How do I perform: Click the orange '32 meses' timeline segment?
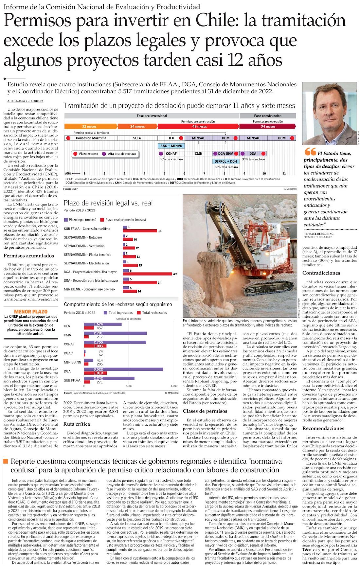click(89, 126)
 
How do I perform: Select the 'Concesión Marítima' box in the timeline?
click(91, 138)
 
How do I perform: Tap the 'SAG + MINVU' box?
click(171, 146)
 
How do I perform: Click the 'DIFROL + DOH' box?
click(225, 161)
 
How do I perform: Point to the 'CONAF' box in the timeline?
click(171, 153)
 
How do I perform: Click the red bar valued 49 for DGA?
click(148, 274)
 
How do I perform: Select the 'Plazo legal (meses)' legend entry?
click(80, 220)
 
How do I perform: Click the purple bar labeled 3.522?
click(124, 369)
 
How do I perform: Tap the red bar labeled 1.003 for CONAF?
click(94, 346)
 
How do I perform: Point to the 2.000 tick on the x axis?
click(129, 386)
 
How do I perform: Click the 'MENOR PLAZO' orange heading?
click(31, 312)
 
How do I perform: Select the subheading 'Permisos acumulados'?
click(29, 256)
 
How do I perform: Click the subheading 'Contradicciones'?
click(321, 273)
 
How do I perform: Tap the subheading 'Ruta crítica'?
click(77, 424)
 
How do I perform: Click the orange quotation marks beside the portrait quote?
click(310, 151)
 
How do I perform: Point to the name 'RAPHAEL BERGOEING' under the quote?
click(318, 234)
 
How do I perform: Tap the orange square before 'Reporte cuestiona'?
click(5, 461)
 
